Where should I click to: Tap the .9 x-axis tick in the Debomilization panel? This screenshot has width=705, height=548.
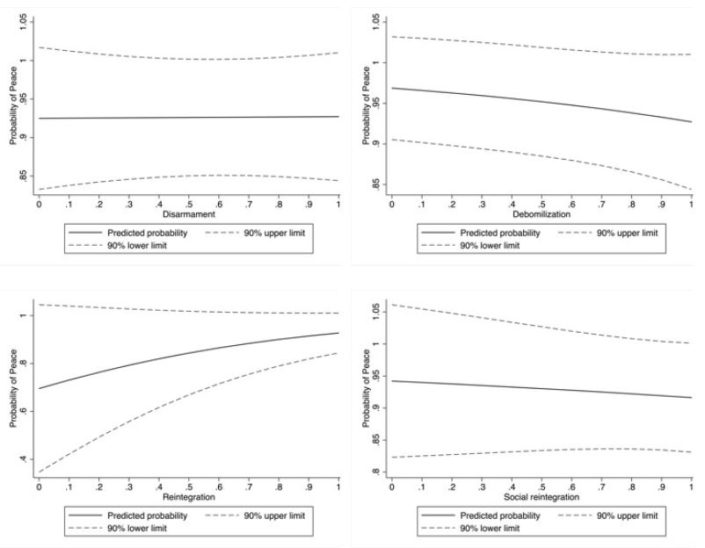pos(662,204)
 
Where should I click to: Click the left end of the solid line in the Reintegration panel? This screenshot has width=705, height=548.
pos(39,388)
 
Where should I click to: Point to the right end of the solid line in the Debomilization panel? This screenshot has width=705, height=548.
pos(692,122)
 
